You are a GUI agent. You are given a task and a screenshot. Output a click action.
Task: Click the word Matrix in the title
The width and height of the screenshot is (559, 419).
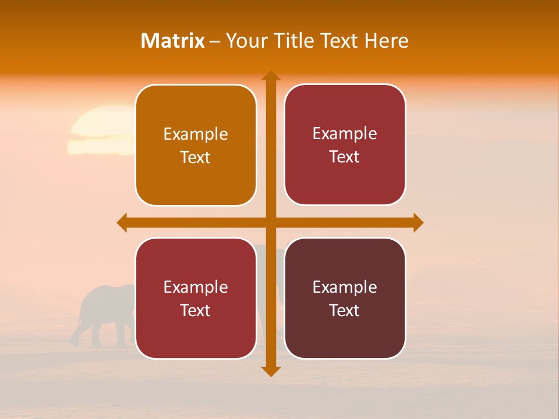173,41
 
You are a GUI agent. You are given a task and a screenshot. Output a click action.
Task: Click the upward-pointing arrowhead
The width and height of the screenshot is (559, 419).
271,76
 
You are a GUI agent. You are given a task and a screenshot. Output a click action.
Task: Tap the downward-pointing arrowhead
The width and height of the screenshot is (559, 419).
271,371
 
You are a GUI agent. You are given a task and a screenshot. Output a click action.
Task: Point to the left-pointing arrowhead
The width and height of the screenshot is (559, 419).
122,222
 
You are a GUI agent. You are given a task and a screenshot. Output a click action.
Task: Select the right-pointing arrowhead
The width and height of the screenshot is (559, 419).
418,222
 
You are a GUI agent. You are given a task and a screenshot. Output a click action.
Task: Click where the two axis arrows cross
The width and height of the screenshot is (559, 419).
271,222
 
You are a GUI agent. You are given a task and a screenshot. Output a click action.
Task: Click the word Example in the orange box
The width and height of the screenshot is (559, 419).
196,134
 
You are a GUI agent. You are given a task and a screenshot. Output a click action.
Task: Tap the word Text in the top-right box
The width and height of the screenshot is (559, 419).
345,157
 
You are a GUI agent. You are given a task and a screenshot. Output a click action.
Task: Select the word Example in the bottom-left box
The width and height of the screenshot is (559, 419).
196,287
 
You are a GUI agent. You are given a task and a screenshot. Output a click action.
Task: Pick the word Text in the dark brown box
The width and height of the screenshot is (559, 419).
345,310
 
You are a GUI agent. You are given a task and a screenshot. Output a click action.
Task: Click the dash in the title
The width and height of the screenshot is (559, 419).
215,41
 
